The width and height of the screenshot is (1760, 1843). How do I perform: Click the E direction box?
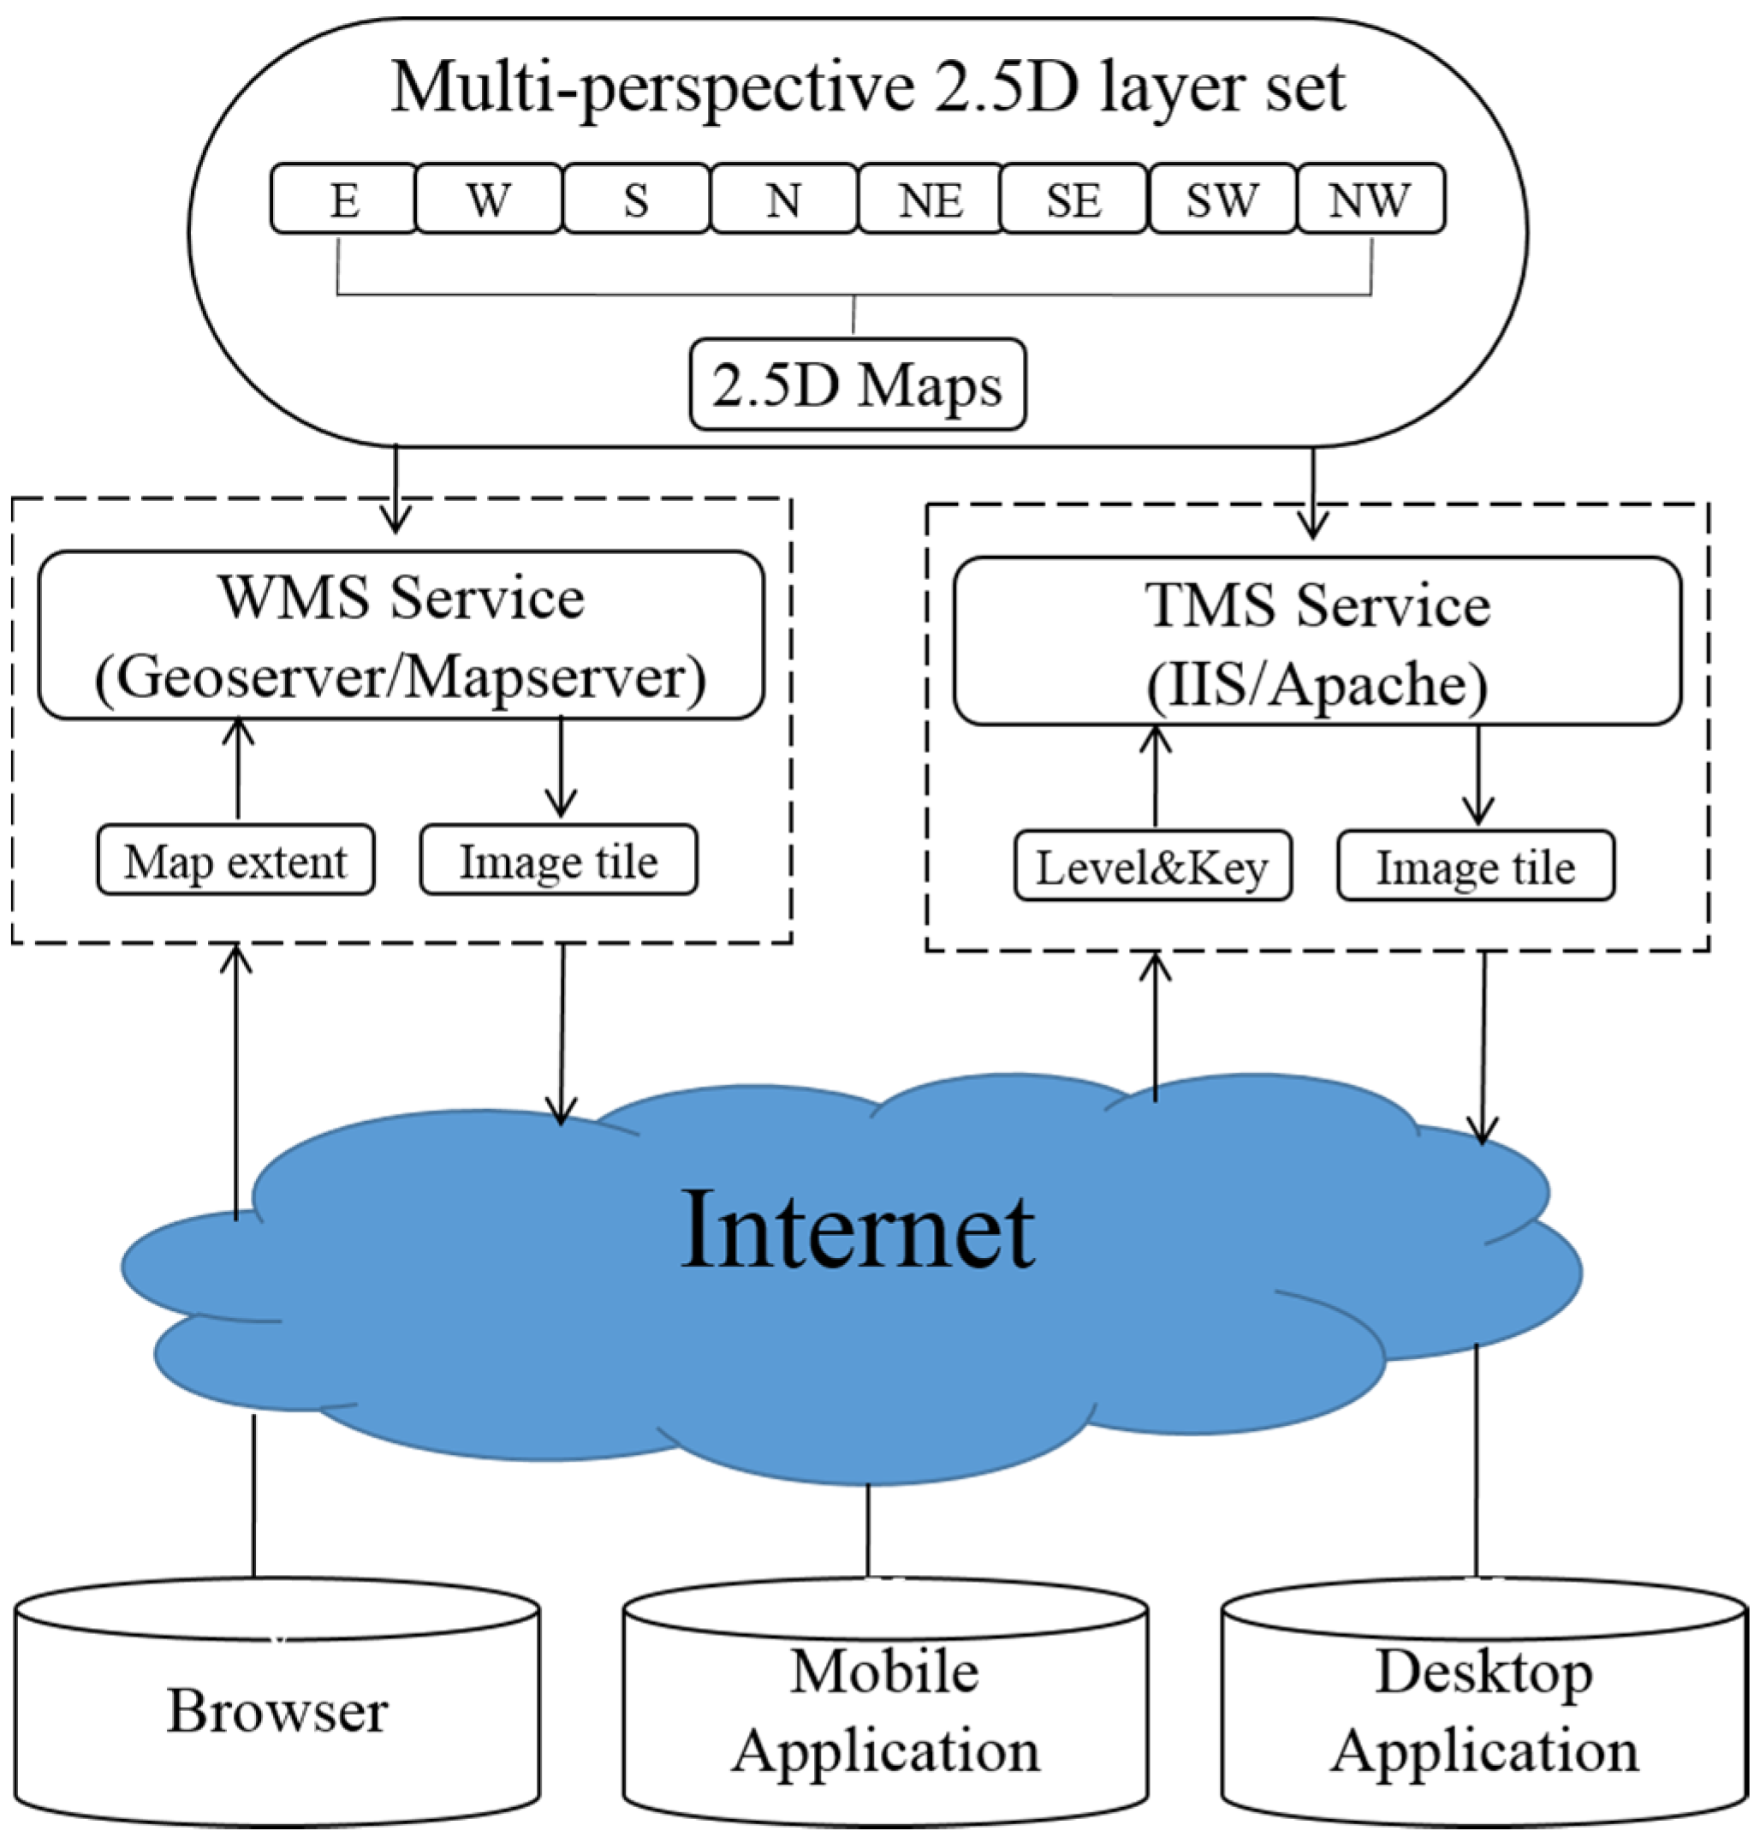pos(343,199)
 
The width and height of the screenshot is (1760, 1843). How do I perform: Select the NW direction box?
pos(1371,199)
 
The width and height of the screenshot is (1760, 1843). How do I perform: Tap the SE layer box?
pos(1073,199)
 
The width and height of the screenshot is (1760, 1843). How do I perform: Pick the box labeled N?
pos(783,199)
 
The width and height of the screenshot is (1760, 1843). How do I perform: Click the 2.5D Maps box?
pos(858,385)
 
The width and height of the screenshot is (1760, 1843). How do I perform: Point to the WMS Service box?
pos(401,635)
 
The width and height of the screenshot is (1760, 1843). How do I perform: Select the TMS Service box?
pos(1317,641)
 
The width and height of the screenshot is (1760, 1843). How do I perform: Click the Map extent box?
pos(235,861)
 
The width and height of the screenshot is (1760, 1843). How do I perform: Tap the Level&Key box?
pos(1153,866)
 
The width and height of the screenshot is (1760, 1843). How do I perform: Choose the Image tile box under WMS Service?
pos(558,861)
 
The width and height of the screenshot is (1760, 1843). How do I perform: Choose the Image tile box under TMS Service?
pos(1476,866)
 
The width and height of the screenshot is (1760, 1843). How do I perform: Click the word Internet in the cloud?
pos(858,1230)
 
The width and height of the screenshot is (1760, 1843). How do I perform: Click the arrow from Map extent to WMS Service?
pos(238,769)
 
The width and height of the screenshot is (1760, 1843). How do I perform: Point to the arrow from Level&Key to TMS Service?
pos(1155,776)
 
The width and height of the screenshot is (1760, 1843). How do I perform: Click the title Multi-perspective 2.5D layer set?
pos(868,87)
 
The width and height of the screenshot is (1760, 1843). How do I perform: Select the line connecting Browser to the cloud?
pos(253,1497)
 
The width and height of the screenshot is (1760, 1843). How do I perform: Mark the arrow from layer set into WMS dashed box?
pos(395,488)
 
